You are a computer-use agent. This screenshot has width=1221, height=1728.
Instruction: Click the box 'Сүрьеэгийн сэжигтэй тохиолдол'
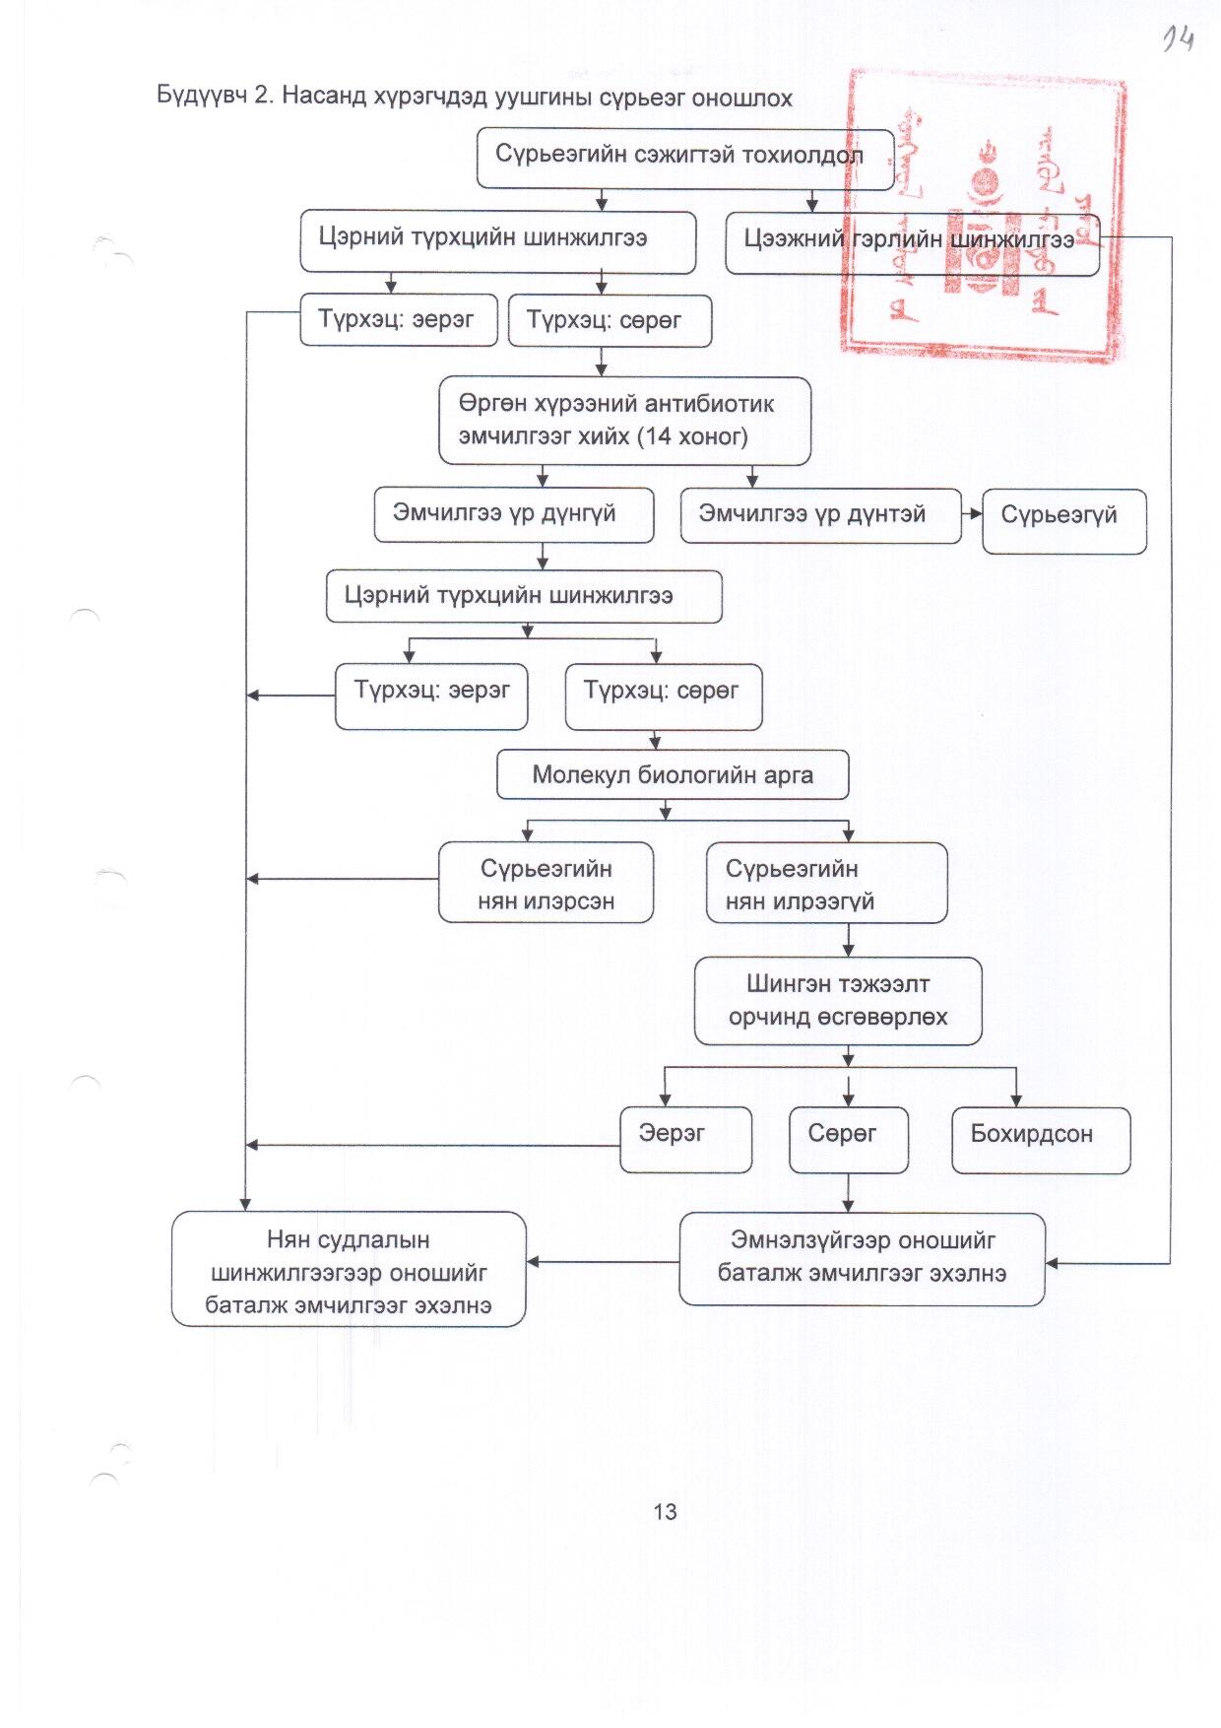(x=684, y=158)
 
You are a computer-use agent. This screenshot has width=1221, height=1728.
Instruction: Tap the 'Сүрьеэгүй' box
(x=1063, y=520)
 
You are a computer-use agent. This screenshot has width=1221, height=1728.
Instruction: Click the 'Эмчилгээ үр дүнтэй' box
(x=819, y=515)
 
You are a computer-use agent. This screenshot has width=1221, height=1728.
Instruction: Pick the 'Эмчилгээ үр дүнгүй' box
(x=513, y=514)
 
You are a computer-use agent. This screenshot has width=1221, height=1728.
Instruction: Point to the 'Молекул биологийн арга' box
(x=672, y=775)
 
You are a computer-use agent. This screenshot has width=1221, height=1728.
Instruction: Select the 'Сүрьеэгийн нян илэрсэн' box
(x=546, y=883)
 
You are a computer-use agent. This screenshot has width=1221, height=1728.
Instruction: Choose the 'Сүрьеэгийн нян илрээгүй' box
(x=825, y=883)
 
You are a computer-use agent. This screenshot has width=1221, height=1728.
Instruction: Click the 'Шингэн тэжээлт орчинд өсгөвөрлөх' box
(x=837, y=1000)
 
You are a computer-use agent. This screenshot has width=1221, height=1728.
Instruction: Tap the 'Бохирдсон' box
(x=1040, y=1139)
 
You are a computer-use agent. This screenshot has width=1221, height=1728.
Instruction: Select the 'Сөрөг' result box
(x=847, y=1139)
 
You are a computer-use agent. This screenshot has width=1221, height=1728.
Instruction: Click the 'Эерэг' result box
(x=685, y=1139)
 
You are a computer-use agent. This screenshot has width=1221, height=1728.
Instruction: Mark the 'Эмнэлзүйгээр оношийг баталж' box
(x=862, y=1258)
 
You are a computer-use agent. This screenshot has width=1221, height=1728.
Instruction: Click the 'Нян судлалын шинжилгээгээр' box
(x=349, y=1269)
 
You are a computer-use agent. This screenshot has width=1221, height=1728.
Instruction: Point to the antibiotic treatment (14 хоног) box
(x=624, y=421)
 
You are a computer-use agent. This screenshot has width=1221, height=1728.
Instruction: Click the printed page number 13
(x=665, y=1512)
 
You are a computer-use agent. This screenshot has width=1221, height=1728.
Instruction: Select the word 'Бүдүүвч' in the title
(x=201, y=97)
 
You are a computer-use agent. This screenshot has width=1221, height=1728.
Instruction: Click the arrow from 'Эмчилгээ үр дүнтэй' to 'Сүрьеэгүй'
(x=972, y=513)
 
